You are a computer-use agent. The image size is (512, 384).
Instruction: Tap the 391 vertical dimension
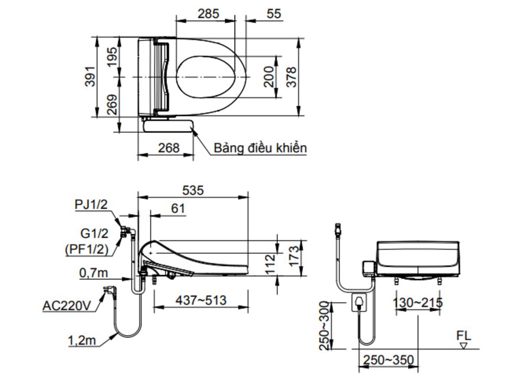[90, 77]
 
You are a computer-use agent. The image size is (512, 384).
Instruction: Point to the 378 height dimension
[292, 77]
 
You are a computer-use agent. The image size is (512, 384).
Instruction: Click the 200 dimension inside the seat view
[269, 77]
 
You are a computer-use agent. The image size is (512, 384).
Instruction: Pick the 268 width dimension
[168, 148]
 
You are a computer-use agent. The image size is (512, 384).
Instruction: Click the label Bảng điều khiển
[260, 148]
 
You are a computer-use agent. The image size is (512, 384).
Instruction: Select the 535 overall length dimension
[192, 190]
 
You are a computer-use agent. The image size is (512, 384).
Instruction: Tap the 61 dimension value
[178, 209]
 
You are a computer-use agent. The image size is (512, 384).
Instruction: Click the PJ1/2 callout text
[91, 204]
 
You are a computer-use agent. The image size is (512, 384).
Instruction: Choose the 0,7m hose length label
[94, 273]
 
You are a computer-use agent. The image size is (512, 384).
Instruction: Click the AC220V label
[67, 306]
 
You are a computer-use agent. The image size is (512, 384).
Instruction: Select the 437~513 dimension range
[201, 300]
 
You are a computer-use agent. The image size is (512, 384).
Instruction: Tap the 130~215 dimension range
[417, 303]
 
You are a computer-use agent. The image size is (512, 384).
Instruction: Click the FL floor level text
[463, 336]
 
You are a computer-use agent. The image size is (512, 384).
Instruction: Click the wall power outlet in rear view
[359, 302]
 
